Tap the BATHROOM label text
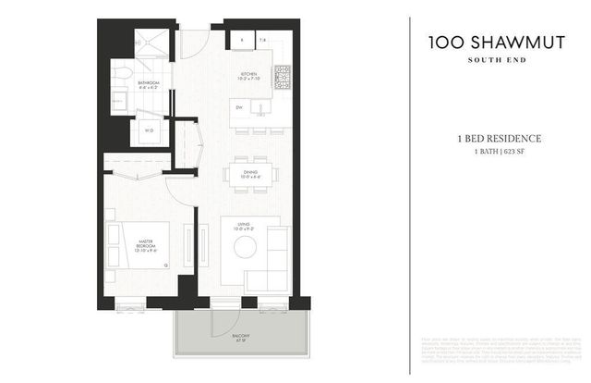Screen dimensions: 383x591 [149, 85]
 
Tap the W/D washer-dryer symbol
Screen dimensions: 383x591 [149, 130]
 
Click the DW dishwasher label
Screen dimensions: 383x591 [239, 107]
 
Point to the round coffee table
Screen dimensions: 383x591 [245, 247]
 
